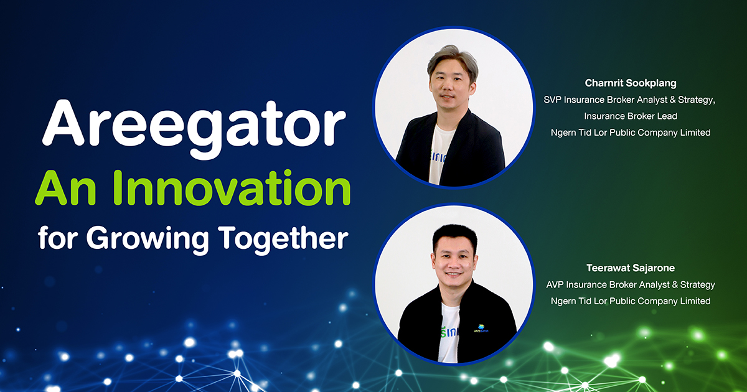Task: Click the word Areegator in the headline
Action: coord(194,127)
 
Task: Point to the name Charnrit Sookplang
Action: coord(631,83)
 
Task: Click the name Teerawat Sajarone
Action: coord(631,268)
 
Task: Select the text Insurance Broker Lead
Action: coord(631,116)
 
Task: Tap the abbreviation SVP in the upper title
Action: coord(552,100)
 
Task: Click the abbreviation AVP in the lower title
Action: coord(555,285)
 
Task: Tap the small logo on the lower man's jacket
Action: coord(481,329)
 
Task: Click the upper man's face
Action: coord(451,90)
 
